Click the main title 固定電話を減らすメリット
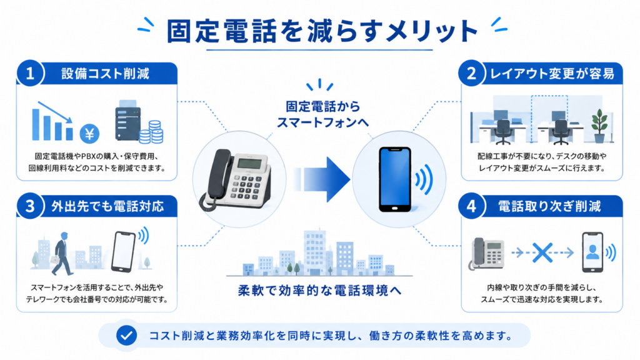click(x=322, y=31)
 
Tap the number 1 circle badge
click(x=30, y=74)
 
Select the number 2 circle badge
click(x=471, y=74)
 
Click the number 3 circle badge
click(x=30, y=206)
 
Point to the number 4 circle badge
click(x=471, y=206)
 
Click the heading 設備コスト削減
click(x=105, y=74)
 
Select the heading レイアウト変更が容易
click(x=552, y=74)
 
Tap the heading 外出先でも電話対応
click(x=107, y=206)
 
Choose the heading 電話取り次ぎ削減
click(x=549, y=206)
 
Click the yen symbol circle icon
click(x=89, y=134)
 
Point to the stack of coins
click(x=151, y=132)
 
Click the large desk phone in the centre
click(x=235, y=179)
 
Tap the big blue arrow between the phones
click(x=321, y=179)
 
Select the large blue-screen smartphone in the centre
click(x=395, y=179)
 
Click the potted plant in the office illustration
click(x=599, y=126)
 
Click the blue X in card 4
click(x=542, y=252)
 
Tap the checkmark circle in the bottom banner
click(x=126, y=336)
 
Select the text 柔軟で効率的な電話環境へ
click(x=319, y=291)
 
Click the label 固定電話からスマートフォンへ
click(x=322, y=114)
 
